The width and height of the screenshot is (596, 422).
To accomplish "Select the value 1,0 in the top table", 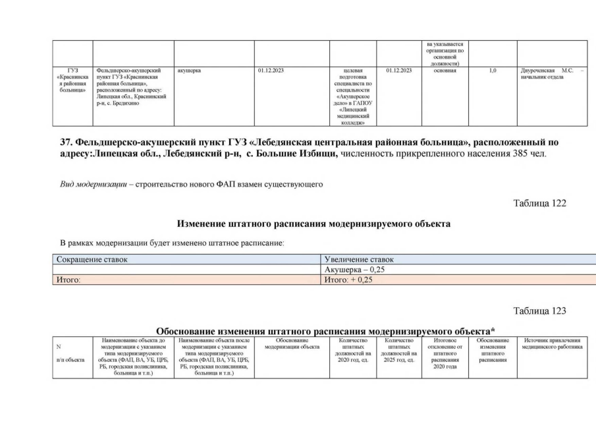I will coord(493,70).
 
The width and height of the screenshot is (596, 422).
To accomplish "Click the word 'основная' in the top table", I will coord(445,70).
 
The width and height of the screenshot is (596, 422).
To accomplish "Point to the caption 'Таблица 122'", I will coord(539,203).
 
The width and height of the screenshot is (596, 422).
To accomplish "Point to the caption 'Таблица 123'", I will coord(539,311).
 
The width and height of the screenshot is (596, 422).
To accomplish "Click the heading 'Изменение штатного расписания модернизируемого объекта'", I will coord(313,224).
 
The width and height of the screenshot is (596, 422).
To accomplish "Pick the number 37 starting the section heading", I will coord(67,142).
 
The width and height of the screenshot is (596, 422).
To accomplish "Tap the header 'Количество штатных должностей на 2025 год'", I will coord(398,349).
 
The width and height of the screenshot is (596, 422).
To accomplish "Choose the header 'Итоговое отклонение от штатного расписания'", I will coord(445,353).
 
